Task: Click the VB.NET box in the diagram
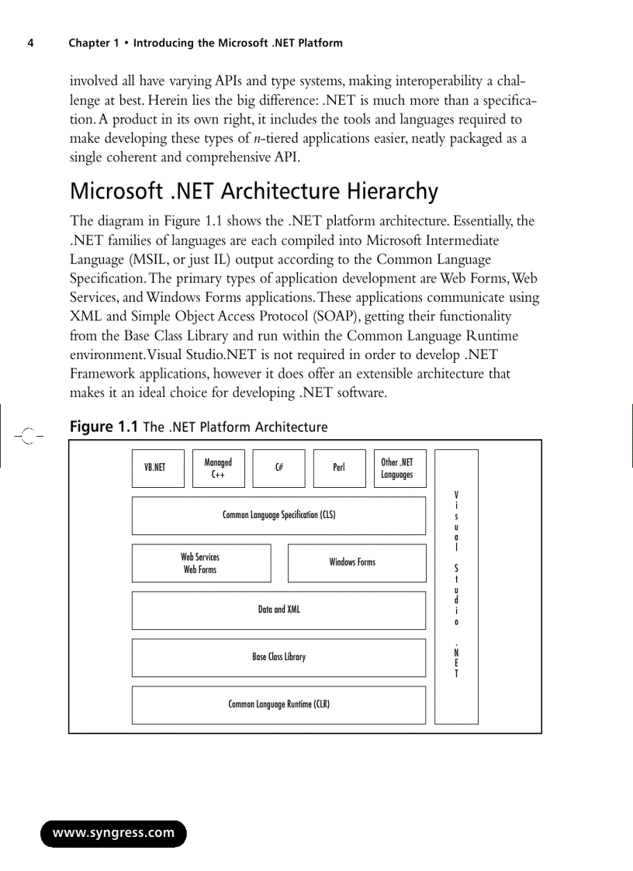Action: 158,468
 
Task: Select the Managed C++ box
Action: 218,468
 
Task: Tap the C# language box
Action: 278,468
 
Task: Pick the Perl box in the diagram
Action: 339,468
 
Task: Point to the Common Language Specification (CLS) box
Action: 278,516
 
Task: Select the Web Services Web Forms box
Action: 201,563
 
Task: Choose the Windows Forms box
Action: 356,563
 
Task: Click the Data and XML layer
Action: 278,610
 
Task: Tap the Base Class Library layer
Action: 278,658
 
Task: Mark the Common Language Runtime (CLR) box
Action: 278,705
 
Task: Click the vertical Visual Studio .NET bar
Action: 456,586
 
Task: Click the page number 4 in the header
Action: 30,43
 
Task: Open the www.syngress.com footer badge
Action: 113,834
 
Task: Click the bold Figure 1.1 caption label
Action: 104,427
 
